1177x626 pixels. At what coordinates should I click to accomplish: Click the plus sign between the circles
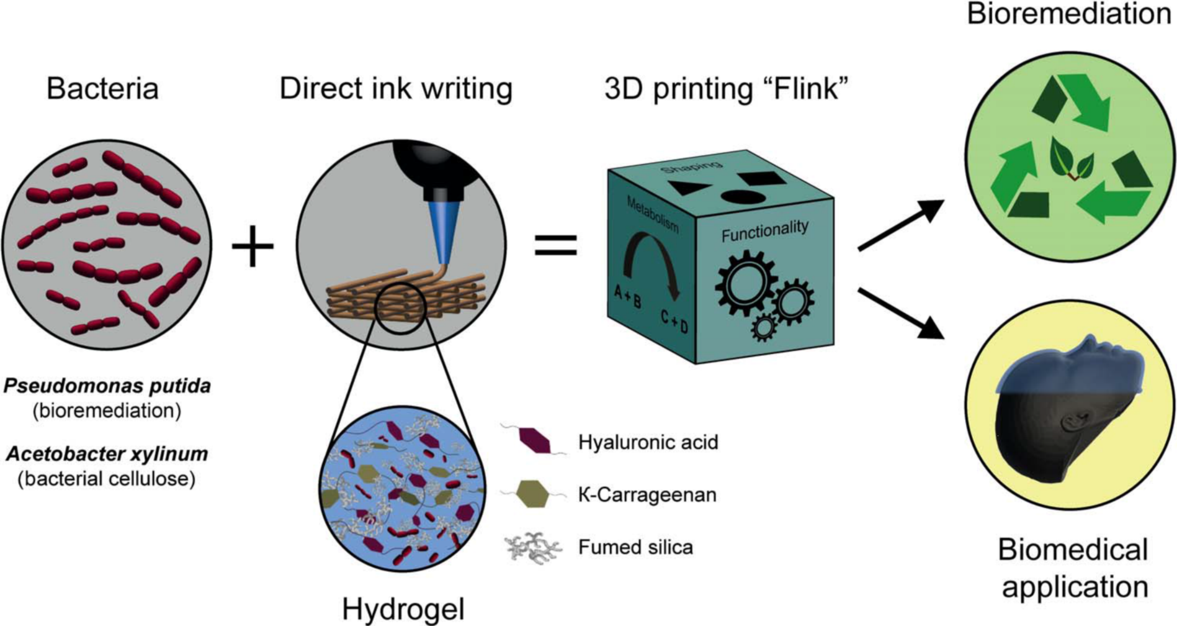pyautogui.click(x=253, y=246)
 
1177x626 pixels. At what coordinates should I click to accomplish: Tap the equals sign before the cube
pyautogui.click(x=556, y=245)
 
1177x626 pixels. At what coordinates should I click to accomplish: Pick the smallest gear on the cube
pyautogui.click(x=764, y=327)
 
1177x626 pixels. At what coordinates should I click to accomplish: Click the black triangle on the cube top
pyautogui.click(x=689, y=188)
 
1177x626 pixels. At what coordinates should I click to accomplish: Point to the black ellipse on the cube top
pyautogui.click(x=743, y=196)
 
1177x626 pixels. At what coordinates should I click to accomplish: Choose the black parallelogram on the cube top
pyautogui.click(x=761, y=179)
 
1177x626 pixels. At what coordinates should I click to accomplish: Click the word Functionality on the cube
pyautogui.click(x=765, y=231)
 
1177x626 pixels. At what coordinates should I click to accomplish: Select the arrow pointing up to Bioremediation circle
pyautogui.click(x=901, y=225)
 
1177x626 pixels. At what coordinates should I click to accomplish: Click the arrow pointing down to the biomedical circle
pyautogui.click(x=901, y=313)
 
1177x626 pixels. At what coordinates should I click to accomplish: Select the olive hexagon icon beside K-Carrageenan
pyautogui.click(x=532, y=494)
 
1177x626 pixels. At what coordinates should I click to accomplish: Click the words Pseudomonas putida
pyautogui.click(x=107, y=387)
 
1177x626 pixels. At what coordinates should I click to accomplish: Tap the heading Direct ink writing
pyautogui.click(x=396, y=88)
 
